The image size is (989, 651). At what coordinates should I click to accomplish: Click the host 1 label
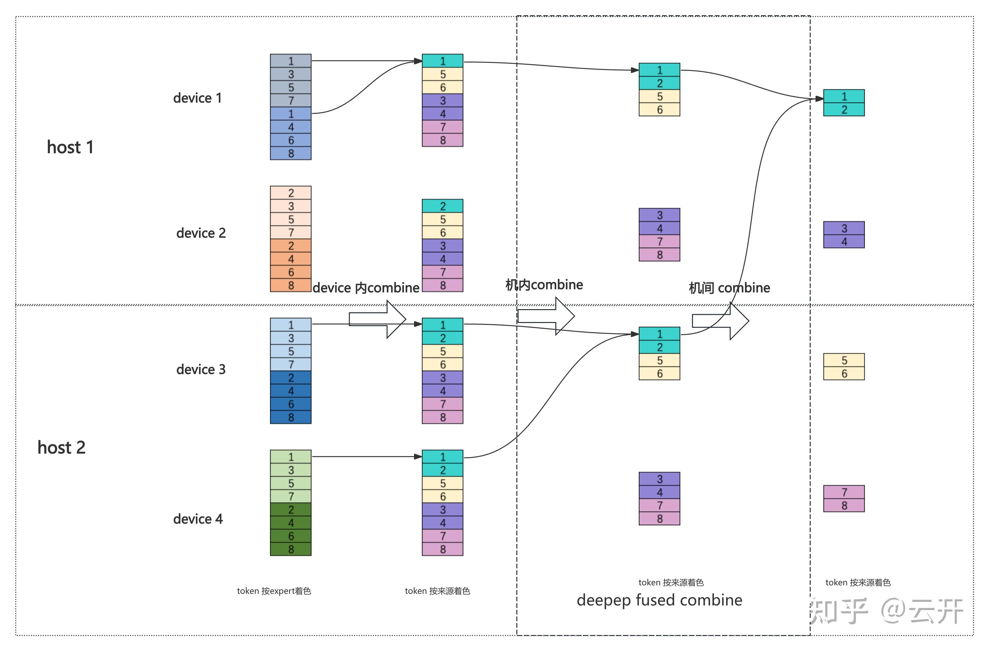coord(70,147)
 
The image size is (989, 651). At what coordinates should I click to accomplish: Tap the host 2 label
coord(62,447)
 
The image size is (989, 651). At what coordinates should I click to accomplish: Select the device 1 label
coord(197,98)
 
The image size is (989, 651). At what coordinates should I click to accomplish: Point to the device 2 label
coord(201,233)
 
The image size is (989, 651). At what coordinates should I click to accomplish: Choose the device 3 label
coord(201,369)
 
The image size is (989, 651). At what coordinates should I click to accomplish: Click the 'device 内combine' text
coord(366,288)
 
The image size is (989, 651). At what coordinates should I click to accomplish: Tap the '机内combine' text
coord(544,285)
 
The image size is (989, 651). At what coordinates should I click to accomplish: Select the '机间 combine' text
coord(729,288)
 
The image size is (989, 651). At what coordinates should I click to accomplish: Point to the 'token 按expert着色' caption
coord(274,591)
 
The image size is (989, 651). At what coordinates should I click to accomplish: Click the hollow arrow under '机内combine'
coord(546,316)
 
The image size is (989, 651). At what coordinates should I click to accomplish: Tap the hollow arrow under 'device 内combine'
coord(377,319)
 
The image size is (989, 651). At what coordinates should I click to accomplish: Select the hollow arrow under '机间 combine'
coord(720,321)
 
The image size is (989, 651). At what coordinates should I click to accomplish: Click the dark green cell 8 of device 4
coord(291,549)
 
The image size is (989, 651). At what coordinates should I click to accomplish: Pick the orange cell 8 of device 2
coord(291,285)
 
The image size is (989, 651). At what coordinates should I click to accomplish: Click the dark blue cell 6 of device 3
coord(291,404)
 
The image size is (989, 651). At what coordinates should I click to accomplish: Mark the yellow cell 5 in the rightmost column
coord(844,360)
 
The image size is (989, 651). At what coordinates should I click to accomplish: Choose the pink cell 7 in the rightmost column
coord(844,492)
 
